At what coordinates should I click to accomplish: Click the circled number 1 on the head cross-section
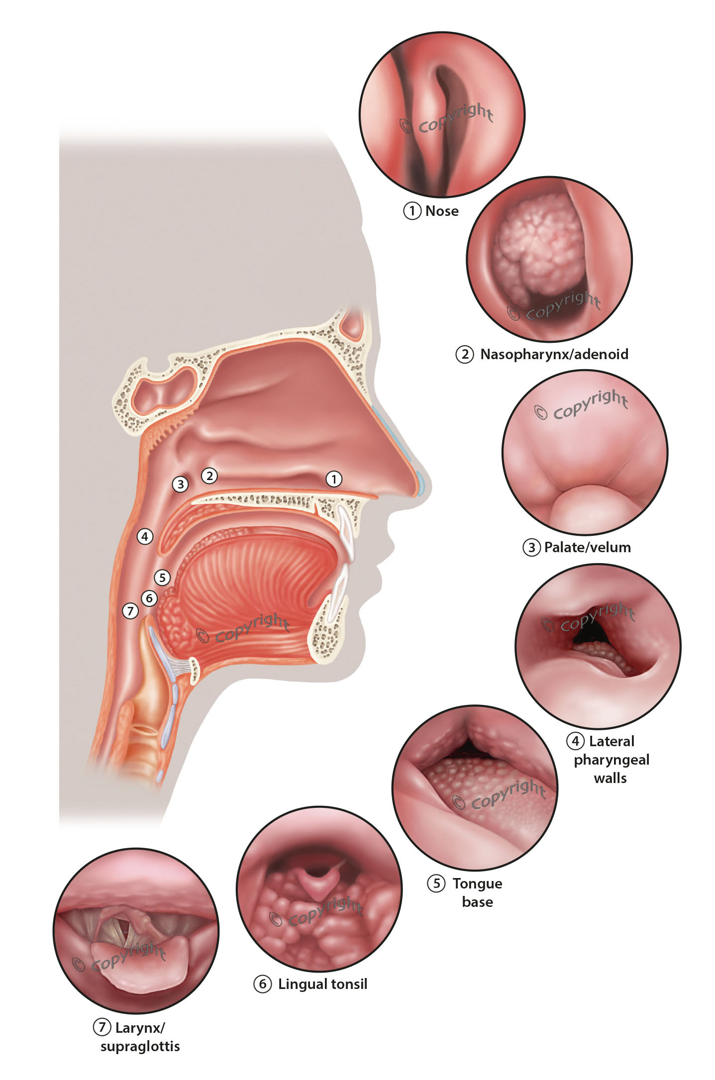334,479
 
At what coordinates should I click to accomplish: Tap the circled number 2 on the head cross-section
209,476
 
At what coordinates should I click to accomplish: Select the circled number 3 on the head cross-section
180,484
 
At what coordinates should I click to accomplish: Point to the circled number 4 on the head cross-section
145,536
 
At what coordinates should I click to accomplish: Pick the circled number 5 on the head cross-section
162,578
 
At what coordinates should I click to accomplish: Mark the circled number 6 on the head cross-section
149,598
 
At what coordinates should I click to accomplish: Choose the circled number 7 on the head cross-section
130,611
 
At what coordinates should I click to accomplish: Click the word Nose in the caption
442,211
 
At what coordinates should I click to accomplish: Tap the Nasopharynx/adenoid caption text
554,354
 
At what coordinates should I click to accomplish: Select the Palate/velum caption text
587,547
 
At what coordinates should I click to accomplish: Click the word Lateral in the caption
612,741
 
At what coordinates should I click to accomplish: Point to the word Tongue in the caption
477,884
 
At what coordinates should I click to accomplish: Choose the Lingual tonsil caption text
322,984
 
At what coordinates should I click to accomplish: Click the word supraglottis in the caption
140,1046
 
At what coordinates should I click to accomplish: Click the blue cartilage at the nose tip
420,484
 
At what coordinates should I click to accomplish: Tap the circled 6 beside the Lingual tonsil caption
263,984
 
